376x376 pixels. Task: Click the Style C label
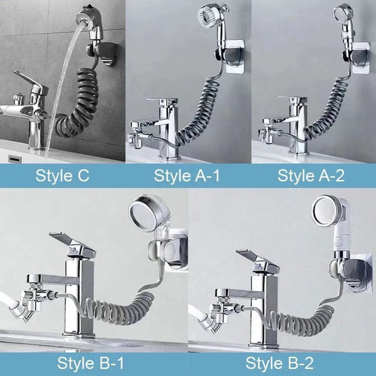pyautogui.click(x=62, y=175)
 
